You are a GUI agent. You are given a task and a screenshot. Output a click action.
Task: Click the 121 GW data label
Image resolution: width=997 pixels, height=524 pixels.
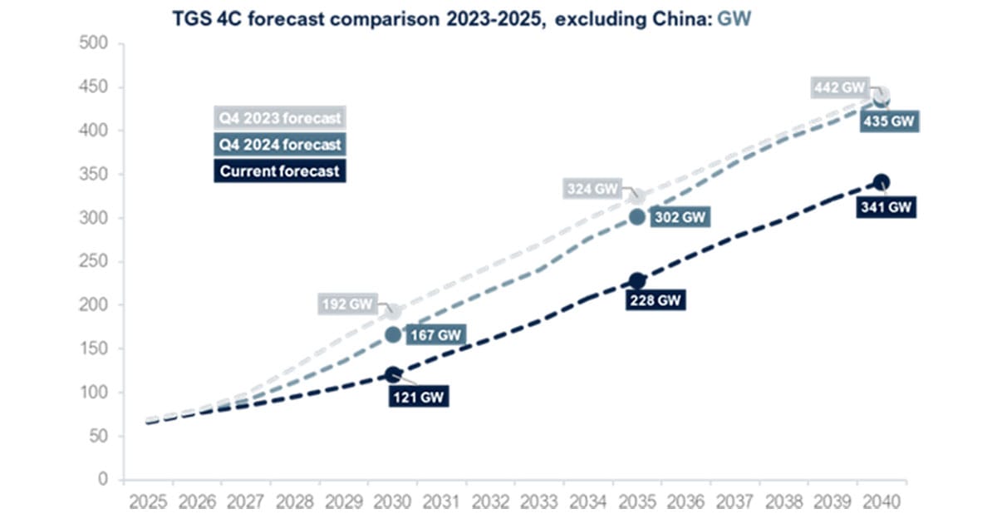(418, 396)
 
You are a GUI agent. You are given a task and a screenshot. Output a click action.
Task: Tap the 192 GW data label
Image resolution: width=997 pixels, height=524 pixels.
(348, 304)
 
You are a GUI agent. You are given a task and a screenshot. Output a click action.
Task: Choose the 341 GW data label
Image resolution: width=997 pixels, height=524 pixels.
(886, 207)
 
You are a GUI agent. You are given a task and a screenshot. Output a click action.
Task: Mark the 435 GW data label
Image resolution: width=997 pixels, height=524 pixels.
(891, 121)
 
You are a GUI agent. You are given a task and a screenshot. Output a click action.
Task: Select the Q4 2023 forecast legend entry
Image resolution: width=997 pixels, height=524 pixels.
(280, 117)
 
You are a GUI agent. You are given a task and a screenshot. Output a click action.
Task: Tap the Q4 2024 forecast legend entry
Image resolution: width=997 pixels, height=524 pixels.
(280, 145)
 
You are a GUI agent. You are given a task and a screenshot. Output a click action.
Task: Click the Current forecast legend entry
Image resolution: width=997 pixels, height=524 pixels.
(280, 171)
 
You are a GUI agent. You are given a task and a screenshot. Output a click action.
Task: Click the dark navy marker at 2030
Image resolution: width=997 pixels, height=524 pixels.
(393, 374)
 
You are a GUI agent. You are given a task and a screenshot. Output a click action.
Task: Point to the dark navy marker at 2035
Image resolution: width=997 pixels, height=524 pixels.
(636, 281)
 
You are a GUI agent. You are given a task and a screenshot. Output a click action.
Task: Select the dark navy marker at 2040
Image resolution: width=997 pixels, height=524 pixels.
(881, 183)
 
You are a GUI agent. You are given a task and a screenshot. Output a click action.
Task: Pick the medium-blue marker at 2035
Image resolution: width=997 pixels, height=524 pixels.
(636, 217)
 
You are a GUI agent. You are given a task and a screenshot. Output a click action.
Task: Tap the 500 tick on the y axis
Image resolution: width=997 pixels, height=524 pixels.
(99, 43)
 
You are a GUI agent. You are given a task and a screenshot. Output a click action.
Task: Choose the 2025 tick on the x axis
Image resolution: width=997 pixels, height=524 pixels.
(149, 502)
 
